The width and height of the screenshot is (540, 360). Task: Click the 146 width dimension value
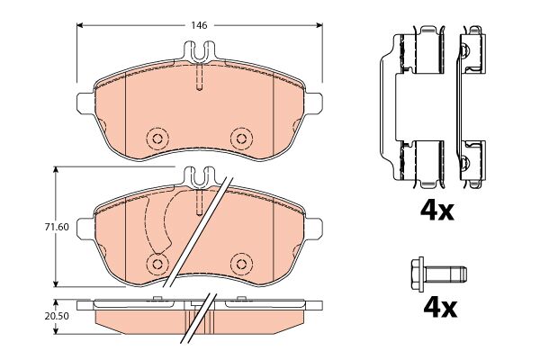click(x=199, y=25)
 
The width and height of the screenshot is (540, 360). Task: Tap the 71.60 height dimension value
click(x=57, y=227)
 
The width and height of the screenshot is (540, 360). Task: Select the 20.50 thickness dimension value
click(x=57, y=316)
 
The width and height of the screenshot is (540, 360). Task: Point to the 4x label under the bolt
click(x=440, y=308)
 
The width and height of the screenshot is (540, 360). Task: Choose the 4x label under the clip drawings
click(x=437, y=211)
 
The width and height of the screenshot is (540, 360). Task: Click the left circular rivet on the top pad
click(x=157, y=139)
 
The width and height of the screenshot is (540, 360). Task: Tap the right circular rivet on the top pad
click(x=241, y=139)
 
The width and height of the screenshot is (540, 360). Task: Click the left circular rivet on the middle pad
click(x=157, y=265)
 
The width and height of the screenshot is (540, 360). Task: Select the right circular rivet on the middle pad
click(x=241, y=265)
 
